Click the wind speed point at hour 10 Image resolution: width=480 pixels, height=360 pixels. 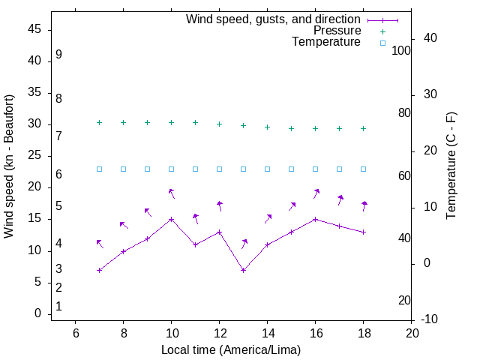(x=172, y=220)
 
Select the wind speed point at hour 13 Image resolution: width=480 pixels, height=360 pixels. (x=244, y=270)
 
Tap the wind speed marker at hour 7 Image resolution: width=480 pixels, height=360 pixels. (x=100, y=270)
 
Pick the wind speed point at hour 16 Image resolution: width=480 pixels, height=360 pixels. (x=316, y=220)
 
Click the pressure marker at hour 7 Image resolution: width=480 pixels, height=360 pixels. (x=100, y=122)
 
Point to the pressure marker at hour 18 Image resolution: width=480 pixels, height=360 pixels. (x=364, y=128)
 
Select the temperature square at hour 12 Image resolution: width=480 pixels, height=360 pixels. (x=220, y=169)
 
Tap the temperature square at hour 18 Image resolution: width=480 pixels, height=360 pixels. (x=364, y=169)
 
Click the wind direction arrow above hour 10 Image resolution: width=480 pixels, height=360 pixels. (x=172, y=193)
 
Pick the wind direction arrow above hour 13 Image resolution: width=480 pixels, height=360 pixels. (x=244, y=244)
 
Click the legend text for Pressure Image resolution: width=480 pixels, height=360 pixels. (x=337, y=31)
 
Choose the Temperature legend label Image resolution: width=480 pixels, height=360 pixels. (x=326, y=43)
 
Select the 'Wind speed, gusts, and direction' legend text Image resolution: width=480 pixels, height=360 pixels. (x=274, y=19)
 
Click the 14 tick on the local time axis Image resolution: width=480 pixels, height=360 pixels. (x=268, y=333)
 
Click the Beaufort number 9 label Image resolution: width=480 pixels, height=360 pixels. (x=58, y=55)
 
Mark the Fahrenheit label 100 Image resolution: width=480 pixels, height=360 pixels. (x=402, y=51)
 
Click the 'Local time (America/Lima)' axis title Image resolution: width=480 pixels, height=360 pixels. (x=231, y=349)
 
